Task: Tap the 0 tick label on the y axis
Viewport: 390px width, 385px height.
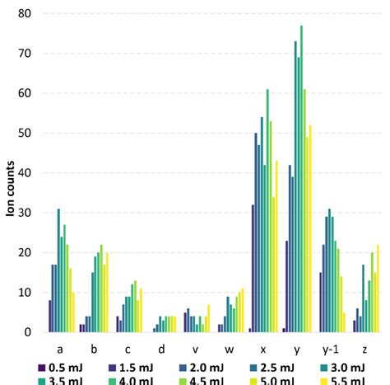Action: tap(28, 333)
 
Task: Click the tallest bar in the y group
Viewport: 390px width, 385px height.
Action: tap(302, 179)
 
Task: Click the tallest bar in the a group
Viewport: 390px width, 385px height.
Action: tap(58, 271)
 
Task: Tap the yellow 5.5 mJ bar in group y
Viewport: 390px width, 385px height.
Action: tap(310, 229)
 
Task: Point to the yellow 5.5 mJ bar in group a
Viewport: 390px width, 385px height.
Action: tap(73, 312)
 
